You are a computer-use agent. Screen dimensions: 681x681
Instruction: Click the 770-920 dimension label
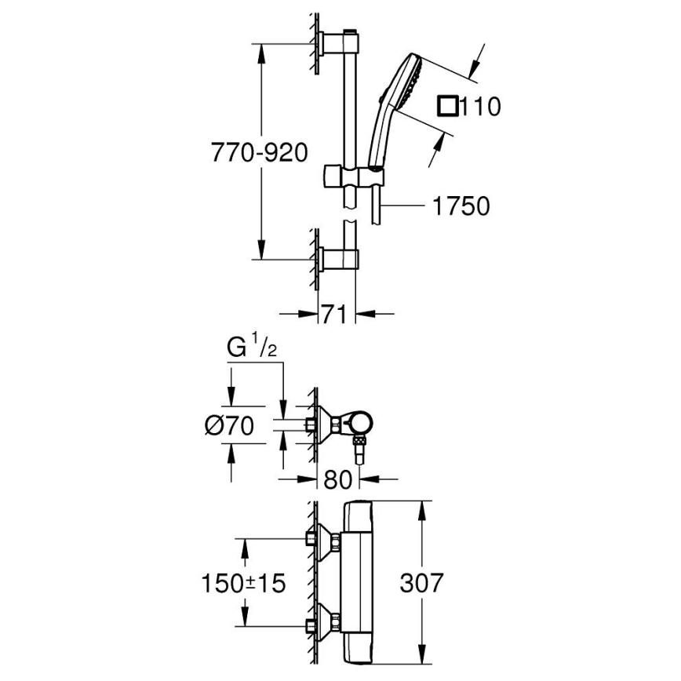(258, 153)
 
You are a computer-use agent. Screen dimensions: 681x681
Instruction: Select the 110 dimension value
(479, 106)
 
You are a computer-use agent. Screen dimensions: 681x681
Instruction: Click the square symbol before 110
(448, 105)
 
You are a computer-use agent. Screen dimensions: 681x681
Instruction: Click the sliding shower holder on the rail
(352, 177)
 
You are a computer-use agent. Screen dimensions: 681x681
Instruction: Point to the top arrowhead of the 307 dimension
(424, 504)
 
